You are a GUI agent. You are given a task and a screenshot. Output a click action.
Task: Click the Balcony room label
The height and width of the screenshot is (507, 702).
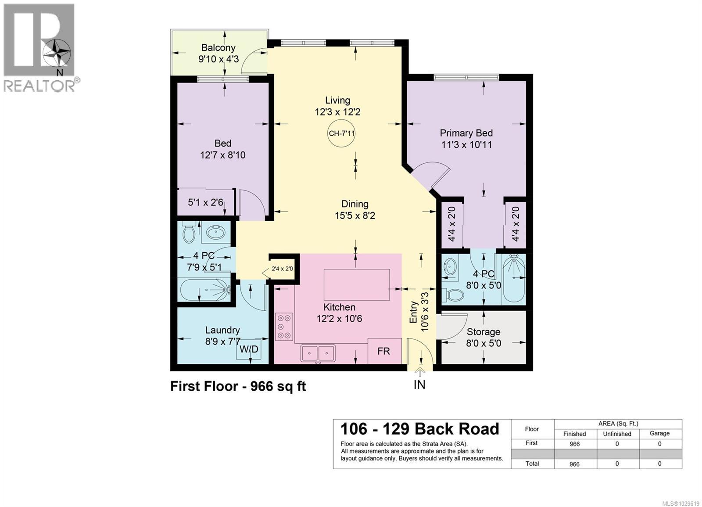pyautogui.click(x=218, y=47)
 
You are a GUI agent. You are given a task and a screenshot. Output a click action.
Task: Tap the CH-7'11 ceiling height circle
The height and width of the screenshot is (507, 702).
pyautogui.click(x=341, y=133)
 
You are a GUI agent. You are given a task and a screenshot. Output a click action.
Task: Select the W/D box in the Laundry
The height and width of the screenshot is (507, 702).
pyautogui.click(x=249, y=350)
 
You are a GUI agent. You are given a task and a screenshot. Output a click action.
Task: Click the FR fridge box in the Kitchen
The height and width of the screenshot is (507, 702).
pyautogui.click(x=384, y=351)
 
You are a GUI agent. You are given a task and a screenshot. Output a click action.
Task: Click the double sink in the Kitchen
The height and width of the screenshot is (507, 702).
pyautogui.click(x=318, y=353)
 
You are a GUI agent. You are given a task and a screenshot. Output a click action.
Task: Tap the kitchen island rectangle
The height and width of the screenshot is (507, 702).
pyautogui.click(x=356, y=284)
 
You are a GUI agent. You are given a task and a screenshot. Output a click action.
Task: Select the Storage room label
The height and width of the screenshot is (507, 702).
pyautogui.click(x=483, y=332)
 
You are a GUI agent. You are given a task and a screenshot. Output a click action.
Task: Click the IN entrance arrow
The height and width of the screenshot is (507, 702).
pyautogui.click(x=420, y=374)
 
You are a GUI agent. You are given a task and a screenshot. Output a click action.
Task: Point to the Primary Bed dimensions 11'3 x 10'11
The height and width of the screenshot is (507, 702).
pyautogui.click(x=466, y=145)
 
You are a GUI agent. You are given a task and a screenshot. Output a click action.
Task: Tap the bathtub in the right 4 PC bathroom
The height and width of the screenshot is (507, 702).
pyautogui.click(x=513, y=279)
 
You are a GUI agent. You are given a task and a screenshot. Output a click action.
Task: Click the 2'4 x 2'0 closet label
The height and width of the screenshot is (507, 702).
pyautogui.click(x=282, y=269)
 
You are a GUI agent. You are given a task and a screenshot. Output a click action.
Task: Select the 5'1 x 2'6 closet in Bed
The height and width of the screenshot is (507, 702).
pyautogui.click(x=205, y=202)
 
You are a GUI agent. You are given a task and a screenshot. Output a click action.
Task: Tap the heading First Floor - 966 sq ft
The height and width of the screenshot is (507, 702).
pyautogui.click(x=238, y=386)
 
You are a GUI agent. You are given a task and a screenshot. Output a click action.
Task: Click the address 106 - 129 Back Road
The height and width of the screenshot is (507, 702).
pyautogui.click(x=419, y=429)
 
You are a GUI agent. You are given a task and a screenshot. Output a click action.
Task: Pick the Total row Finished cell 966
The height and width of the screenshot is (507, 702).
pyautogui.click(x=574, y=464)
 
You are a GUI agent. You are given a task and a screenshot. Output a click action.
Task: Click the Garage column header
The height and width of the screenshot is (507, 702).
pyautogui.click(x=659, y=433)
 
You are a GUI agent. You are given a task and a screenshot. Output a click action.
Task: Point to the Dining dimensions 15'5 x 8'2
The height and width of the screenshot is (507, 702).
pyautogui.click(x=355, y=216)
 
